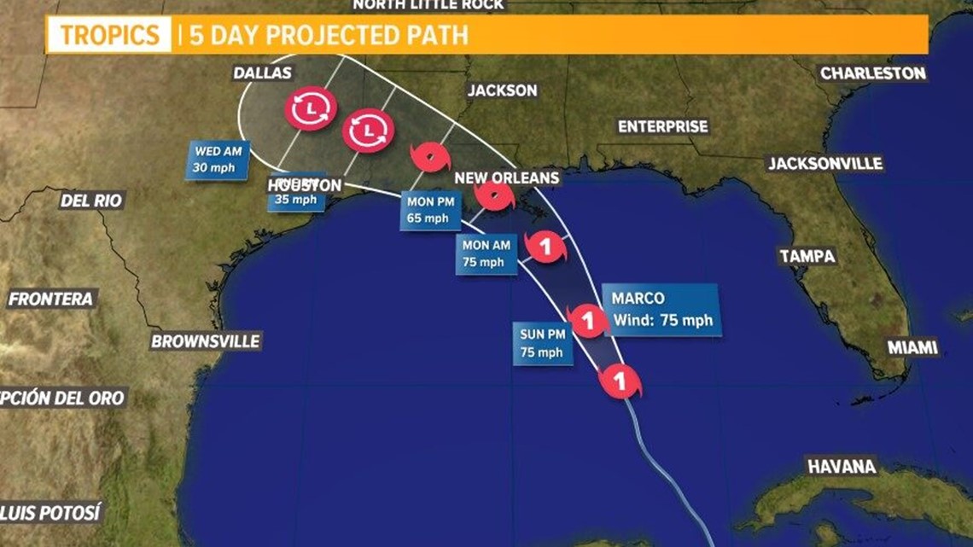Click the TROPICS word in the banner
[109, 35]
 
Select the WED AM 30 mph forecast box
[218, 160]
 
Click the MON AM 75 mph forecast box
[486, 254]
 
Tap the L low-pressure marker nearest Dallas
[311, 108]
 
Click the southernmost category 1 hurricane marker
[621, 381]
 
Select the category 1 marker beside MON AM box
[546, 247]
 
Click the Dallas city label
[262, 73]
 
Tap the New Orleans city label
[507, 178]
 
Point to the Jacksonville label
[824, 164]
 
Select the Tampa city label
[807, 256]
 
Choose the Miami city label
[912, 347]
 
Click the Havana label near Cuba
[842, 467]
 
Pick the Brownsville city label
[205, 341]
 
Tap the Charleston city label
[873, 73]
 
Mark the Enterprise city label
[662, 126]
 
